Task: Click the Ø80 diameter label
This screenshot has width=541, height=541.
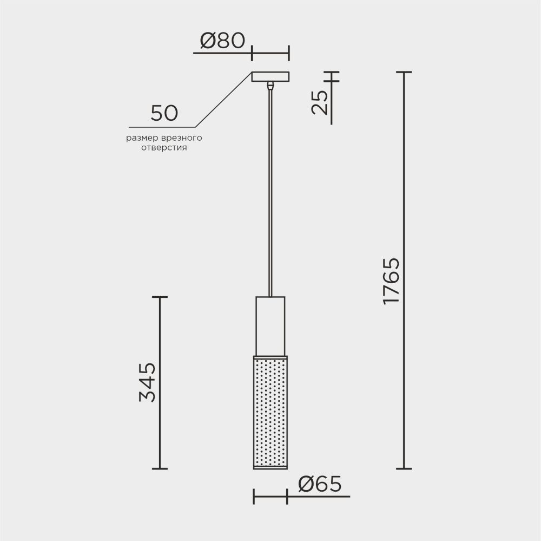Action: pyautogui.click(x=222, y=41)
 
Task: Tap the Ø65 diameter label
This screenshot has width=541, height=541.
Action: pyautogui.click(x=320, y=484)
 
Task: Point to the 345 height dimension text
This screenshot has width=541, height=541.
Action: pyautogui.click(x=147, y=382)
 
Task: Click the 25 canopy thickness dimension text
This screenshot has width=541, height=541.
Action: pyautogui.click(x=320, y=102)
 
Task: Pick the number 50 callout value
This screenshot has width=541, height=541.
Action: pyautogui.click(x=164, y=113)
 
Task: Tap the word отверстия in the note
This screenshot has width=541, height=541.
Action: pyautogui.click(x=164, y=148)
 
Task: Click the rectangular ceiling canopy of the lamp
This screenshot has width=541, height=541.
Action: pyautogui.click(x=270, y=76)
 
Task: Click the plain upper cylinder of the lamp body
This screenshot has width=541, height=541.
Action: pyautogui.click(x=270, y=325)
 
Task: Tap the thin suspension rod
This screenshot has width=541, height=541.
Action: pyautogui.click(x=270, y=190)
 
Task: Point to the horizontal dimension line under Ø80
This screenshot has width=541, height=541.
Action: pyautogui.click(x=270, y=54)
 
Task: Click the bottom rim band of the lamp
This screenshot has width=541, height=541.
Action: pyautogui.click(x=270, y=466)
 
